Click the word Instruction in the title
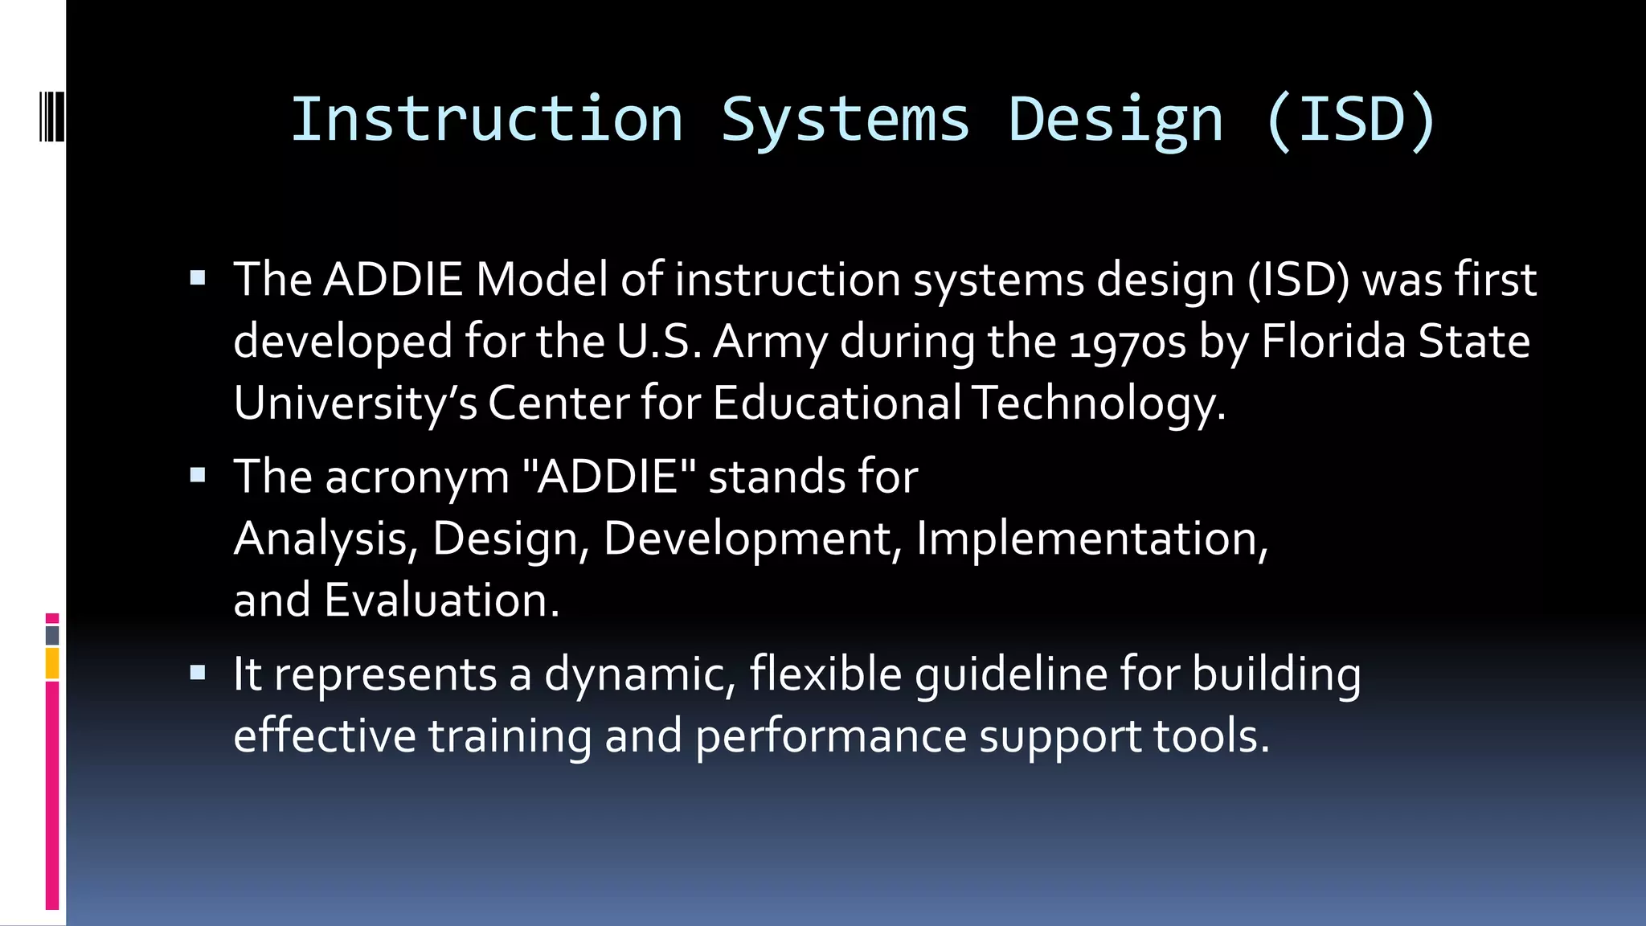(x=486, y=120)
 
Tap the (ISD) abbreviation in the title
(x=1350, y=120)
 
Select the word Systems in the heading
(x=845, y=120)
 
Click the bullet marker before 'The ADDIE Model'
(x=198, y=280)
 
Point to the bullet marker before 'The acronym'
(x=198, y=476)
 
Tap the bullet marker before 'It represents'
(x=198, y=673)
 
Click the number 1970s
(x=1128, y=342)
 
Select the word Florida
(x=1333, y=341)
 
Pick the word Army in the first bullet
(x=770, y=342)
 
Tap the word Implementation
(x=1091, y=538)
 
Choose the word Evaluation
(x=440, y=600)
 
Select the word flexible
(x=825, y=673)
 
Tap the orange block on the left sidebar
(x=52, y=664)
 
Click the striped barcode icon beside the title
(x=51, y=117)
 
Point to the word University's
(x=355, y=403)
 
